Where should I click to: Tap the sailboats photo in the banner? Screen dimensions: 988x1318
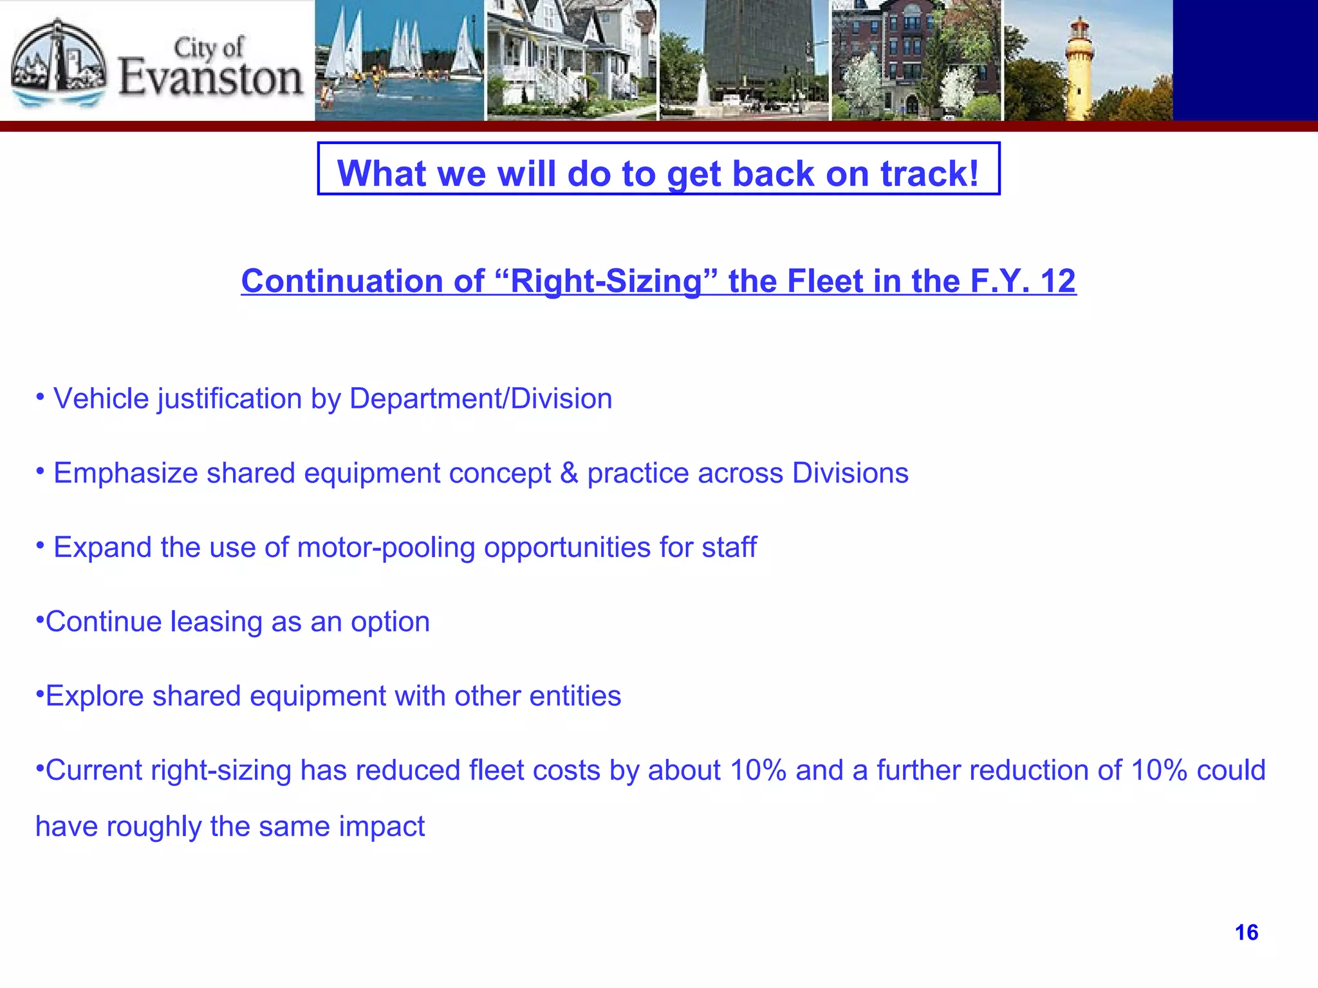(x=399, y=60)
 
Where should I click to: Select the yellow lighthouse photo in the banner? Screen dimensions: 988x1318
(x=1088, y=60)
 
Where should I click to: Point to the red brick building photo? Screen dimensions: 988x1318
(x=916, y=60)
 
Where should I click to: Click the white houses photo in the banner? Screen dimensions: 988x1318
(x=571, y=60)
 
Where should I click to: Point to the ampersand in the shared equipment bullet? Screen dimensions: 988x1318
(x=569, y=473)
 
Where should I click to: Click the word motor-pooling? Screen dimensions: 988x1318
(x=385, y=548)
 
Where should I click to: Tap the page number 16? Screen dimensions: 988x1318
(x=1247, y=933)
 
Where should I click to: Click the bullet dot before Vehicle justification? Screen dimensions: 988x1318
(x=41, y=396)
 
